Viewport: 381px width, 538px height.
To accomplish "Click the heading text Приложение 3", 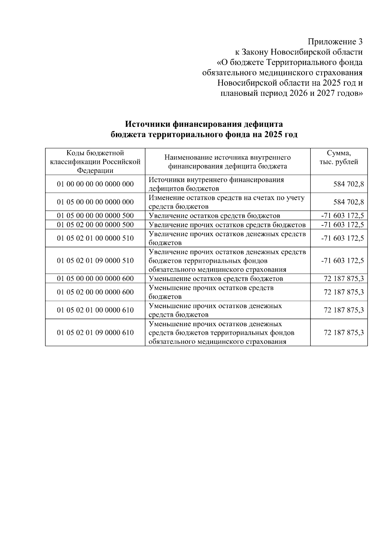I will click(335, 42).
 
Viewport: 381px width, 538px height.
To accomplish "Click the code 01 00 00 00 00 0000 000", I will click(95, 184).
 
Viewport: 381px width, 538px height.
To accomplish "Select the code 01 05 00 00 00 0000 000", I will click(95, 202).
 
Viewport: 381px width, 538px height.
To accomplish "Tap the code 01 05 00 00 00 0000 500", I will click(95, 216).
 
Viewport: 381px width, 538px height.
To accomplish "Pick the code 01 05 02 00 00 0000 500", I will click(95, 225).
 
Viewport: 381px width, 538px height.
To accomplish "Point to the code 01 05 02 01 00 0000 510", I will click(95, 238).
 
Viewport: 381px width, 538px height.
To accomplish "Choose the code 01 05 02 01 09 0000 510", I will click(95, 261).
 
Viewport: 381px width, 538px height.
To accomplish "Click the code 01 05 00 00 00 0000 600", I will click(95, 279).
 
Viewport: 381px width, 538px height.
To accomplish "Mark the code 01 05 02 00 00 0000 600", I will click(95, 292).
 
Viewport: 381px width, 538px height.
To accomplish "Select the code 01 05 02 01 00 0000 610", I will click(95, 310).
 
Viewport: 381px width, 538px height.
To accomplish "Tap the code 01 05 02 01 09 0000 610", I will click(95, 333).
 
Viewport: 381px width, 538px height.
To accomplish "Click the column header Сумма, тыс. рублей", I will click(339, 158).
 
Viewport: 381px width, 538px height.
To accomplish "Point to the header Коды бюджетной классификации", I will click(95, 162).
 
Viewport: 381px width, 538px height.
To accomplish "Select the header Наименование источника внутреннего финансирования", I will click(227, 162).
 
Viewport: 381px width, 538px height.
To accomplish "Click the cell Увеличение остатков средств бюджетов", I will click(215, 216).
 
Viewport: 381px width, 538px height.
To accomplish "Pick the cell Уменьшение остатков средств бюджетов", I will click(216, 279).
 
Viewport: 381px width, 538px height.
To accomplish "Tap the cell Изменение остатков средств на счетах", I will click(227, 202).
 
